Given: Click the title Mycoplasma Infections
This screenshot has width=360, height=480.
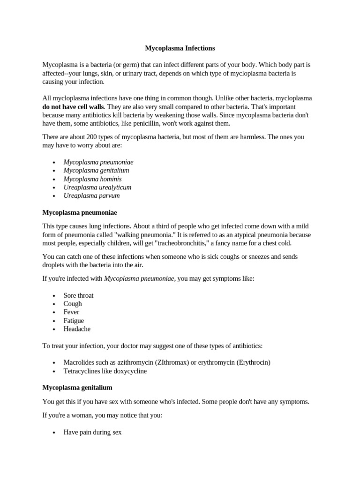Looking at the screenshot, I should pos(180,48).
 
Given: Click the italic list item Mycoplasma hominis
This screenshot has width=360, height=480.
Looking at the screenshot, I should pos(92,179).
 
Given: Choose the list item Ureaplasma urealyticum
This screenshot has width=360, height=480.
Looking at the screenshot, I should pos(97,187).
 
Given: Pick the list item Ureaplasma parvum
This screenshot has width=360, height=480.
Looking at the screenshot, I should pos(91,196).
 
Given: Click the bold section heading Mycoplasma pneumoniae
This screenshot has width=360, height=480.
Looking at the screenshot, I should pos(80,213).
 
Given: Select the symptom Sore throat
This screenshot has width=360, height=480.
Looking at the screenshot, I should pos(78,295).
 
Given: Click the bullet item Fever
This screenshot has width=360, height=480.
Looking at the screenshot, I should pos(71,312).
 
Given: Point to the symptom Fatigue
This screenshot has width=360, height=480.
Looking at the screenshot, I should pos(74,321).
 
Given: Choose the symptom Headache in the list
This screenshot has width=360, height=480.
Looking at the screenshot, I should pos(77,329).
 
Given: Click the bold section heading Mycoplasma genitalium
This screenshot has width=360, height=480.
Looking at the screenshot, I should pos(77,388).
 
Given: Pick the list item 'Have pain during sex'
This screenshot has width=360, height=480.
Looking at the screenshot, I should pos(92,433).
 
